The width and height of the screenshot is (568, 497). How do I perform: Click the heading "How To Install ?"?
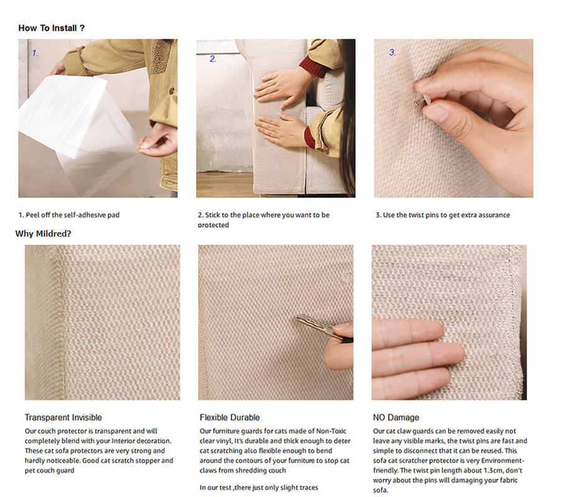tap(51, 28)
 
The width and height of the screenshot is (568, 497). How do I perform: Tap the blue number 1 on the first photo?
tap(35, 53)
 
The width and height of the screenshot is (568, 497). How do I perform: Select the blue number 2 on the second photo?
tap(213, 58)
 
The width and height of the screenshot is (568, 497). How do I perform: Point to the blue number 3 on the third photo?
tap(393, 52)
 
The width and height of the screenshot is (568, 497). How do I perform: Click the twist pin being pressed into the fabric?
tap(423, 100)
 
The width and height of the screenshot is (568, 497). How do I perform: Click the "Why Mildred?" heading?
tap(43, 234)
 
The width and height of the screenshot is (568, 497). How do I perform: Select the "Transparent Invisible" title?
tap(63, 417)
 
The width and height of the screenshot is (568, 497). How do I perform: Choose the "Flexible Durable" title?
tap(230, 417)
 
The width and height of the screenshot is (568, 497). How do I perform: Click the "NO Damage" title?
tap(396, 417)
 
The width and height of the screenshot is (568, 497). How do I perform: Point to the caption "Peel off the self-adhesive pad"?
tap(72, 215)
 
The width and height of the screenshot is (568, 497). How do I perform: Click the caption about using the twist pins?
tap(443, 215)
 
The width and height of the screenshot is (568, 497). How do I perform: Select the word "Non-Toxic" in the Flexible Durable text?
tap(331, 431)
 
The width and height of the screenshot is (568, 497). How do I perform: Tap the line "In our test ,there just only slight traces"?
tap(259, 487)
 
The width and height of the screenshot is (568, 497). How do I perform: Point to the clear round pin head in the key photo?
tap(347, 278)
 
